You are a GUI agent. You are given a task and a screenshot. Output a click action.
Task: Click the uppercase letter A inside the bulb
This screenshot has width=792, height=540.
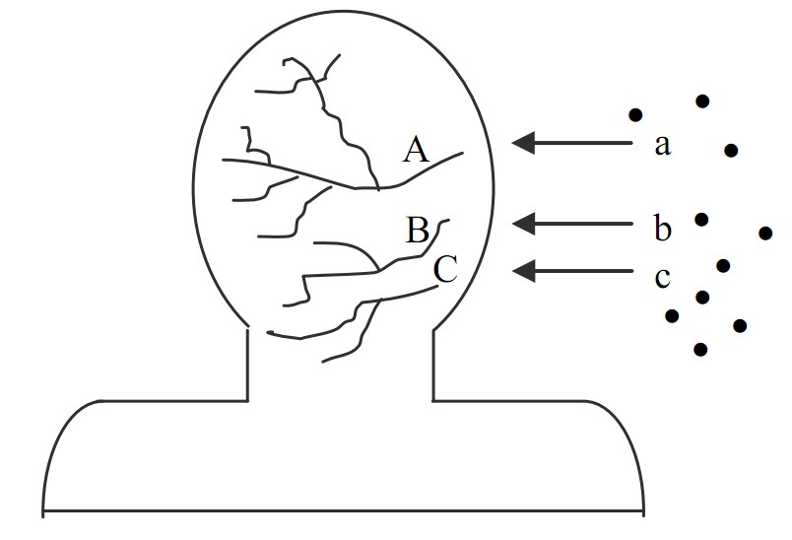[417, 150]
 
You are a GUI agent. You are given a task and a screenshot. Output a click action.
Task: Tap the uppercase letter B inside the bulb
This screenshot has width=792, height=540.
[418, 232]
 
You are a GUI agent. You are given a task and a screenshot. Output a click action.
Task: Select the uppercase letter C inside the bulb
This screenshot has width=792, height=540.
[445, 268]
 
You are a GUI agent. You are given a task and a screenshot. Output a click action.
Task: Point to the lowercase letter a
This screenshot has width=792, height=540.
[662, 146]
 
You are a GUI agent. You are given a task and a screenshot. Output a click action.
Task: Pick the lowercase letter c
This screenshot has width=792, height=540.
[662, 277]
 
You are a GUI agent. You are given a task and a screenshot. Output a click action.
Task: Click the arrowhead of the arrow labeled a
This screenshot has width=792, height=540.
[523, 143]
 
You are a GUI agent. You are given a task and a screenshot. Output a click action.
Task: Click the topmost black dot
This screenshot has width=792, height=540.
[702, 101]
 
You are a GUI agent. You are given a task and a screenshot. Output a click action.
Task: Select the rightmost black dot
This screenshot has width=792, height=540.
[765, 233]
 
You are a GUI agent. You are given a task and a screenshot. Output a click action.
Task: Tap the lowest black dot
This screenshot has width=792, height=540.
[700, 349]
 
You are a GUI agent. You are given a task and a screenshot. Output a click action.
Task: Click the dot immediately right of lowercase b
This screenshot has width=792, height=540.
[701, 219]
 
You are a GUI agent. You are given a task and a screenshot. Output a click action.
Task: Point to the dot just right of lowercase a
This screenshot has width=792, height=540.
[730, 150]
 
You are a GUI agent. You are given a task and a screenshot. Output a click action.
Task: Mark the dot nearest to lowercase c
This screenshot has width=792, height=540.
[723, 265]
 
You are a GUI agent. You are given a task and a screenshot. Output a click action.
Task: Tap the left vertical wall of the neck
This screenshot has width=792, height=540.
[246, 365]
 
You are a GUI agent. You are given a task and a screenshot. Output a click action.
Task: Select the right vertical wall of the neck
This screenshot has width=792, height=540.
[433, 365]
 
